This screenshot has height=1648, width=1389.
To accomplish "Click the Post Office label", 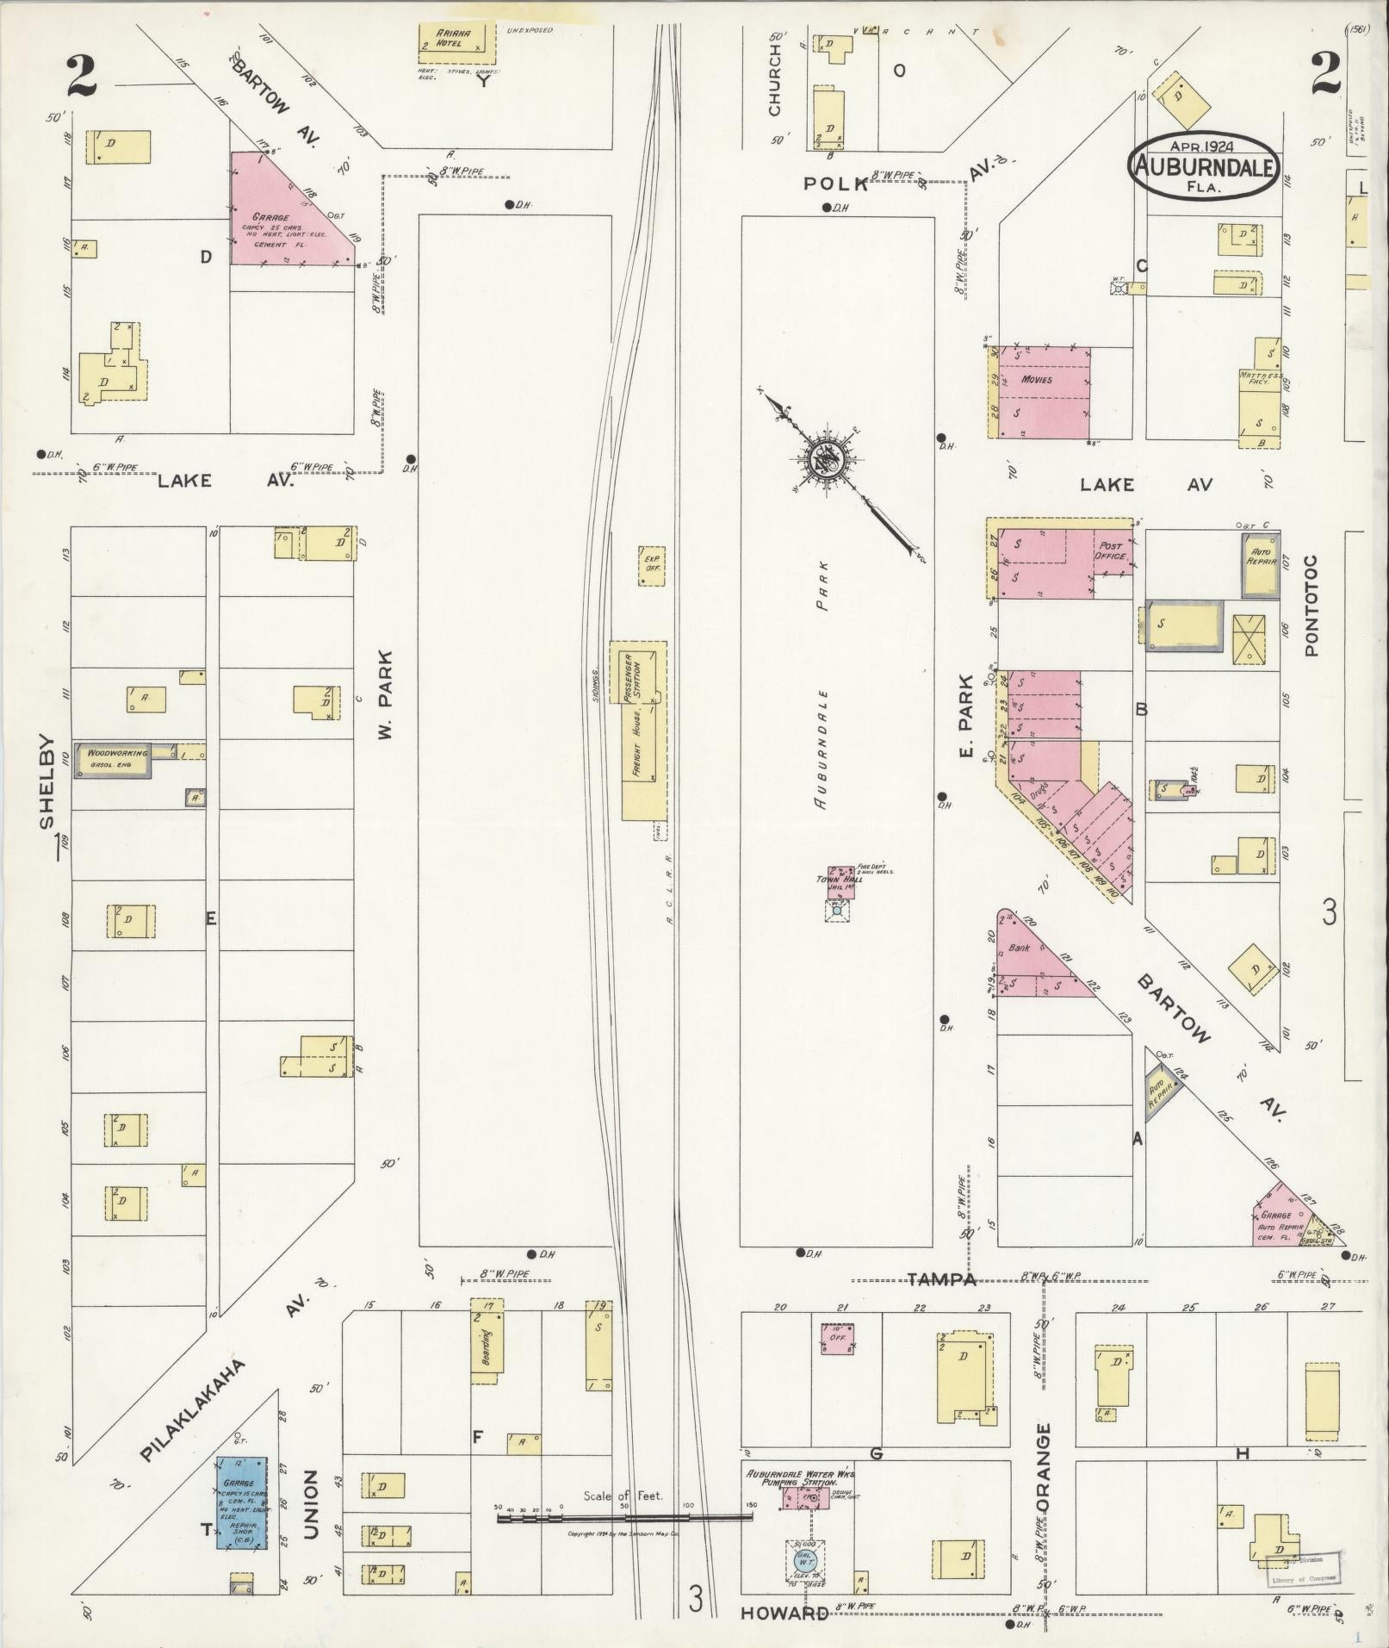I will pyautogui.click(x=1112, y=551).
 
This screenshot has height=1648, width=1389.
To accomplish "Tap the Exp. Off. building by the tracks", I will pyautogui.click(x=652, y=565).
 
